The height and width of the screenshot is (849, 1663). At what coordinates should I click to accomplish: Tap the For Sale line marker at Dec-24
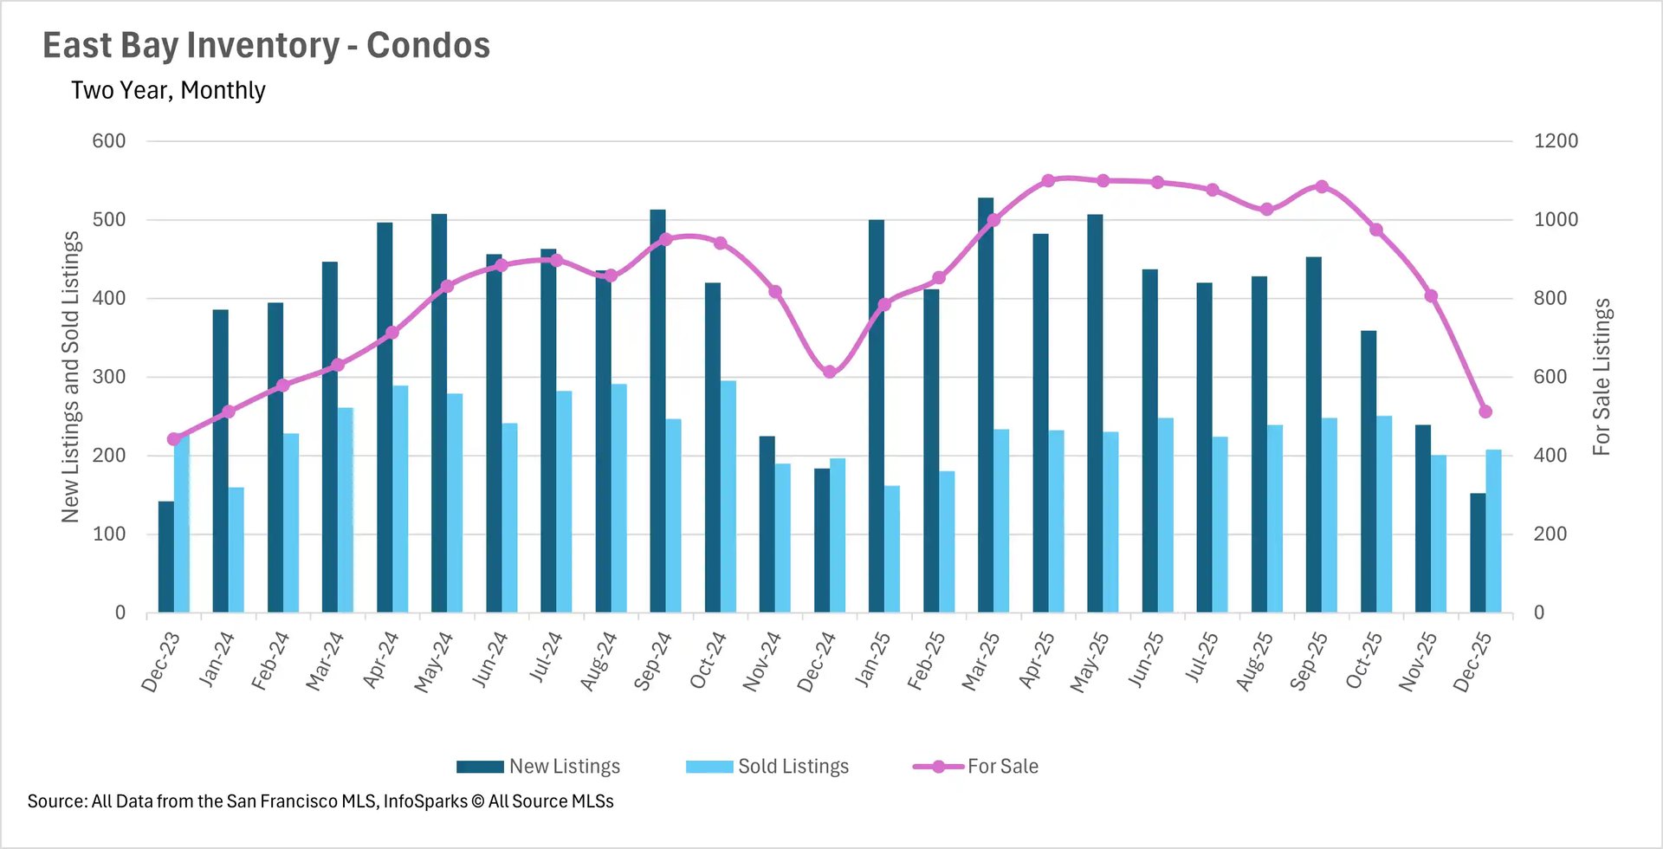click(x=830, y=372)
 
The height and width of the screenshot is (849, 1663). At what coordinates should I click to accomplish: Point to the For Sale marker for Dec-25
click(x=1485, y=412)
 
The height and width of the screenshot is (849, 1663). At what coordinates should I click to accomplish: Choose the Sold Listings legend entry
click(x=767, y=767)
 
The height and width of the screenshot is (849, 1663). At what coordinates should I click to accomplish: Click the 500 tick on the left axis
click(x=109, y=220)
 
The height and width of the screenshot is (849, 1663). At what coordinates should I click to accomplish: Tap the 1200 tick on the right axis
click(x=1556, y=141)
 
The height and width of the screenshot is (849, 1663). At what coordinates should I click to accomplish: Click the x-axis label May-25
click(x=1090, y=663)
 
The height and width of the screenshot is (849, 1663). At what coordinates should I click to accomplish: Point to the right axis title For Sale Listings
click(x=1602, y=377)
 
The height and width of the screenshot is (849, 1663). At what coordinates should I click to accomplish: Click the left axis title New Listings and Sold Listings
click(x=71, y=377)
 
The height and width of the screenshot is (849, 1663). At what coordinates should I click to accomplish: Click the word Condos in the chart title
click(x=428, y=46)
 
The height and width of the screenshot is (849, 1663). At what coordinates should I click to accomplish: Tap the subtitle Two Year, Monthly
click(x=168, y=90)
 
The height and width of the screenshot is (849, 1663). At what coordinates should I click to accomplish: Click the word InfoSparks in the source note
click(x=424, y=801)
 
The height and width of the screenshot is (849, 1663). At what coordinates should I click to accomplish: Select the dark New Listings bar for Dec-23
click(x=165, y=557)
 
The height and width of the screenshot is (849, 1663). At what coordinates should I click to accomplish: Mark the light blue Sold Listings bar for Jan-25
click(x=892, y=549)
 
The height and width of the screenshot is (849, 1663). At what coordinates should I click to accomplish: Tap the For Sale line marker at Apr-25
click(x=1048, y=180)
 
